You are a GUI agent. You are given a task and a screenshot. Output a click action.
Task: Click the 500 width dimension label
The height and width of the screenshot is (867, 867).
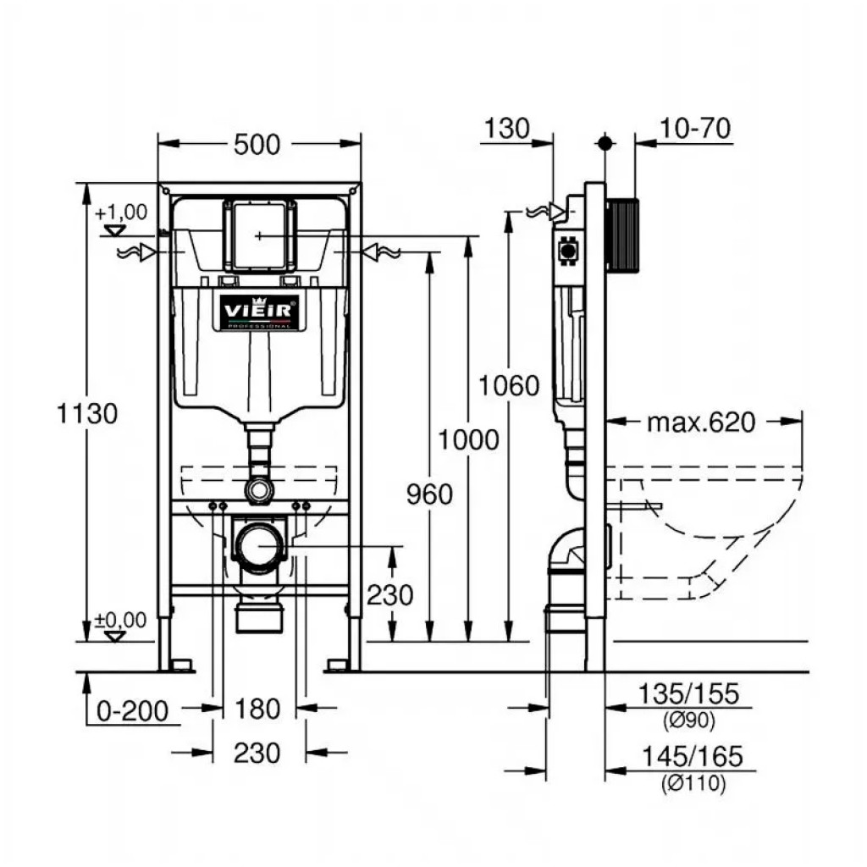pos(257,145)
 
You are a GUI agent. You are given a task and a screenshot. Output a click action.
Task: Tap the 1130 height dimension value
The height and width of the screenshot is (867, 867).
pos(86,414)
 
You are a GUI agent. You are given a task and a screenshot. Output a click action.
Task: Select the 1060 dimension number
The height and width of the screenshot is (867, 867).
pos(509,386)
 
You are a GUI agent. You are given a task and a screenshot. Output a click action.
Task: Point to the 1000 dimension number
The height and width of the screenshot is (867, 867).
pos(468,440)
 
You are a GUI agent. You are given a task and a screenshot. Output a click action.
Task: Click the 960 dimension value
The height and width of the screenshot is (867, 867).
pos(429,494)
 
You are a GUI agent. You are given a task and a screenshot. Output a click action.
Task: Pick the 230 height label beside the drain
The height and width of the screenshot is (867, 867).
pos(389,595)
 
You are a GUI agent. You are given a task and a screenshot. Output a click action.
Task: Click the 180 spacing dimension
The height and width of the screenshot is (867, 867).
pos(258,709)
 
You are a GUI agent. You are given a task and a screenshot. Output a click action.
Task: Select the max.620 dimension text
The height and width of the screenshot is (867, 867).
pos(700,422)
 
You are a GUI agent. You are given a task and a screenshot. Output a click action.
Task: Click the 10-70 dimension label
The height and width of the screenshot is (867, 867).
pos(695,129)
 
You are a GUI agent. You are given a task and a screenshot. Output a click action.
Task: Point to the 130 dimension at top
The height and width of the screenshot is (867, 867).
pos(507,129)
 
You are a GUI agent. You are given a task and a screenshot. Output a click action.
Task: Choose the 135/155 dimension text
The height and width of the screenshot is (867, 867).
pos(690,694)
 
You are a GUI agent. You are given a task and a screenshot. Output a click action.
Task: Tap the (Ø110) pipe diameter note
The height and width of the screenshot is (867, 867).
pos(693,784)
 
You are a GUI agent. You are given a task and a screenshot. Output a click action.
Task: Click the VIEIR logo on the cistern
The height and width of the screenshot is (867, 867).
pos(259,312)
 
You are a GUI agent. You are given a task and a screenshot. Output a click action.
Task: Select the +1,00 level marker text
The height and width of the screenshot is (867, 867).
pos(121,212)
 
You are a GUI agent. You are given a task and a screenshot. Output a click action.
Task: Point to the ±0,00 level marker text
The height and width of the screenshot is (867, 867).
pos(121,621)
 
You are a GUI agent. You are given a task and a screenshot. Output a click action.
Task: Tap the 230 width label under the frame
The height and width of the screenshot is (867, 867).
pos(258,752)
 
